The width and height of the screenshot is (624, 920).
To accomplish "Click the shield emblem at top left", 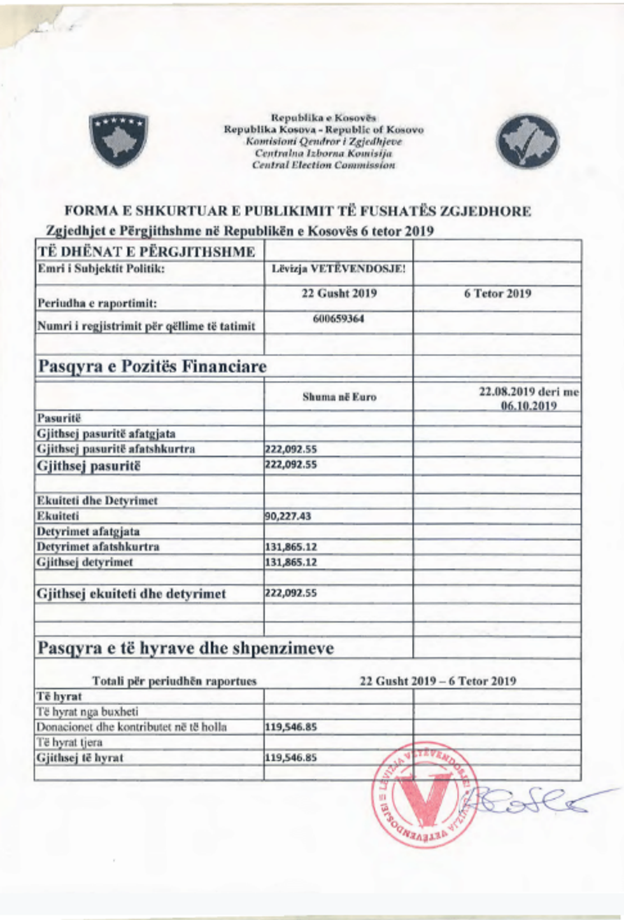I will pyautogui.click(x=118, y=140).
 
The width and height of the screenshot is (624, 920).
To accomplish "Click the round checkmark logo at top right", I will pyautogui.click(x=528, y=141).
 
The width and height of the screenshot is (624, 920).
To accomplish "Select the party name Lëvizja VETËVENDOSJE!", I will pyautogui.click(x=338, y=268).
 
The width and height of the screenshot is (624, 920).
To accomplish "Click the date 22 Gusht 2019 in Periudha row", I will pyautogui.click(x=339, y=294).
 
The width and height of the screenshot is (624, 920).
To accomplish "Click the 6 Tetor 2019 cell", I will pyautogui.click(x=497, y=294).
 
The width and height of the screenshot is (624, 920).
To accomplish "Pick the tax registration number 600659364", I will pyautogui.click(x=339, y=319).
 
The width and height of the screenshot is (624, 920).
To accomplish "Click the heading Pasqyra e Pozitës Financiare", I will pyautogui.click(x=152, y=366).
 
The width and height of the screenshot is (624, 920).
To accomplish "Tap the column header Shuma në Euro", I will pyautogui.click(x=339, y=397).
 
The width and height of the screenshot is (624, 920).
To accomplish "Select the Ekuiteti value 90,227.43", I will pyautogui.click(x=288, y=516).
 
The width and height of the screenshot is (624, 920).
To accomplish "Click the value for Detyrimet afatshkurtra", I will pyautogui.click(x=291, y=547).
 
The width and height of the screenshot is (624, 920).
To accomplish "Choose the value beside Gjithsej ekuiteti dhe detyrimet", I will pyautogui.click(x=291, y=593).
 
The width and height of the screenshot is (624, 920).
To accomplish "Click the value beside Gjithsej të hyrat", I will pyautogui.click(x=291, y=758).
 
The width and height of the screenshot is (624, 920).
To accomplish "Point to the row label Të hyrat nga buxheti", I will pyautogui.click(x=87, y=712).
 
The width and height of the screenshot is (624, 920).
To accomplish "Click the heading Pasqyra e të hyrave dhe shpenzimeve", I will pyautogui.click(x=185, y=648).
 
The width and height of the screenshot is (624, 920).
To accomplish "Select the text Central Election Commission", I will pyautogui.click(x=323, y=165).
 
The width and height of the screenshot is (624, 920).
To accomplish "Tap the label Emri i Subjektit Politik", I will pyautogui.click(x=101, y=268).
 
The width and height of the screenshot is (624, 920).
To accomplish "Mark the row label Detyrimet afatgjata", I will pyautogui.click(x=88, y=531).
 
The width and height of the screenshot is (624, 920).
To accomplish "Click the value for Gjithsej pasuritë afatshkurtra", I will pyautogui.click(x=291, y=449).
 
